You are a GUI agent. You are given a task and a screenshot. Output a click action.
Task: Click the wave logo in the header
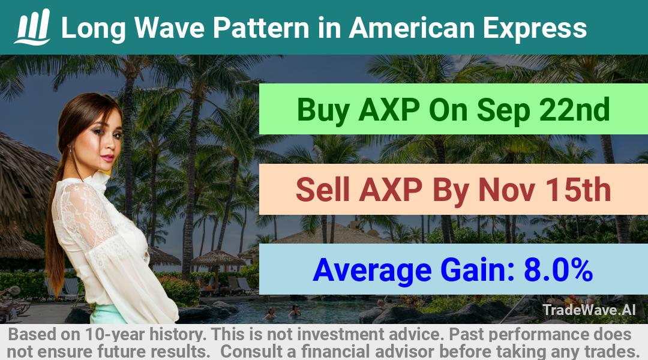(32, 27)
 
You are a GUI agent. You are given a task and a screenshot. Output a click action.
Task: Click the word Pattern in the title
(261, 28)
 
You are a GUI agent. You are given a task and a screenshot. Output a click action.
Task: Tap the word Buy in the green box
(323, 110)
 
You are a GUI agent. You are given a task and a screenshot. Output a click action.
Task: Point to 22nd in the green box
(574, 109)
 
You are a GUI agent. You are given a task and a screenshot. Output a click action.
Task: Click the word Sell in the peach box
(323, 190)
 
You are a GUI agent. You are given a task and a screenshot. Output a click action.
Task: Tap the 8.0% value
(559, 269)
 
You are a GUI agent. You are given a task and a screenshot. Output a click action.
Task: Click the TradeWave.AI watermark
(589, 310)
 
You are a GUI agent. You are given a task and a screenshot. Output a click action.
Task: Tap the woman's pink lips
(107, 158)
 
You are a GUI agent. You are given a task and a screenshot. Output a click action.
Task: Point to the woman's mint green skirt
(108, 314)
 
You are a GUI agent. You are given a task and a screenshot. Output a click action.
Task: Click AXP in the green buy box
(389, 110)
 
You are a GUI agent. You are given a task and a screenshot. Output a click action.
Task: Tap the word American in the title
(412, 28)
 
